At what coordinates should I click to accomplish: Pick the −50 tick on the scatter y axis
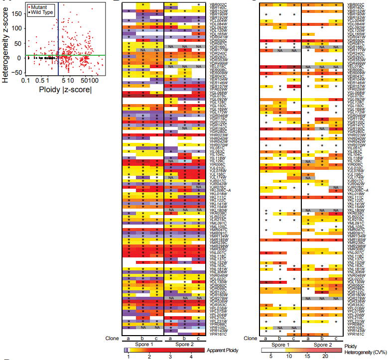coord(18,73)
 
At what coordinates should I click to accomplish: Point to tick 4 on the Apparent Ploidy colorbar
coord(191,357)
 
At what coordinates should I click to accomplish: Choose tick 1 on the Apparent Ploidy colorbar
coord(128,357)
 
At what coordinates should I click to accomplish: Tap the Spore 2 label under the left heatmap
coord(184,344)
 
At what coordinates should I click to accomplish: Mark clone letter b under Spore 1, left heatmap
coord(143,338)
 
